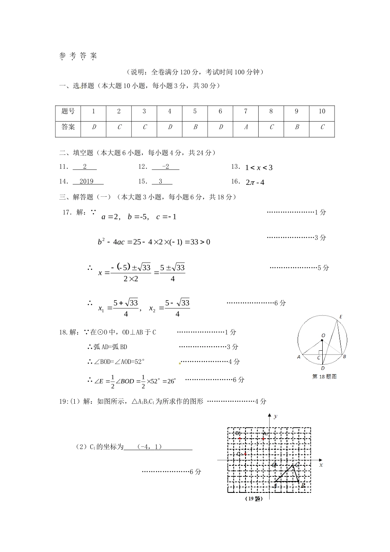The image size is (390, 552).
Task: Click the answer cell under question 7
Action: pos(246,127)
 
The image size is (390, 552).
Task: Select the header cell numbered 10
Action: pos(322,111)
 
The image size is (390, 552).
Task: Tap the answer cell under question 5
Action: pos(195,127)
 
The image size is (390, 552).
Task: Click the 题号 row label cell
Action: pos(68,111)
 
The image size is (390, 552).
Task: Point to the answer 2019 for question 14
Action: pos(87,182)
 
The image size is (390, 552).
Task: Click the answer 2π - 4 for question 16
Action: pos(255,182)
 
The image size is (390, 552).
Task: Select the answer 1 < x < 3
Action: pos(259,168)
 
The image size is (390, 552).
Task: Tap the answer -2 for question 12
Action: pos(165,167)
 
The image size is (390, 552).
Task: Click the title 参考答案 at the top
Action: pos(78,56)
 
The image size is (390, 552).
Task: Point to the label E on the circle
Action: pos(341,317)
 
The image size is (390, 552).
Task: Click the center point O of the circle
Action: pos(322,340)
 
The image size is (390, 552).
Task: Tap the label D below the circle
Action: pos(323,368)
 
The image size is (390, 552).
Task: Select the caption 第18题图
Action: pos(324,377)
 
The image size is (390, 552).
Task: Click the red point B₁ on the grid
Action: pos(240,439)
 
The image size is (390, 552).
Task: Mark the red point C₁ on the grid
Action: pos(245,454)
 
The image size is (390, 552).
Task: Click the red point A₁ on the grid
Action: pos(263,439)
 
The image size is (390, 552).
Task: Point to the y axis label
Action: pos(275,416)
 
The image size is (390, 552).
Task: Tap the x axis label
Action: pos(321,465)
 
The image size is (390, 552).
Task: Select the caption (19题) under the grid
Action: pos(253,499)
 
